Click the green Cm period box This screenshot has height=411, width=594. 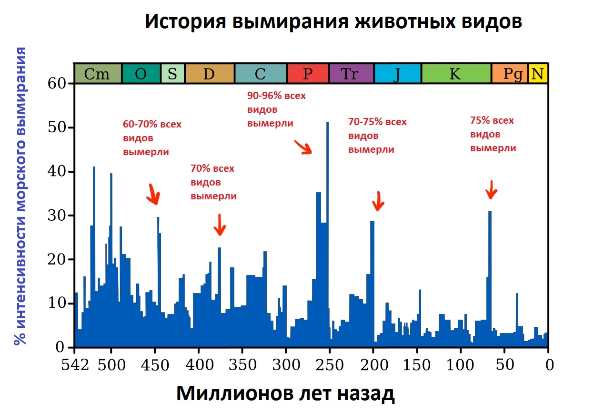click(98, 74)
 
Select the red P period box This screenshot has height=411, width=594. click(308, 74)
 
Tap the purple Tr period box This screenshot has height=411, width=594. click(351, 74)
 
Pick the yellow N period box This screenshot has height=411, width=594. click(538, 74)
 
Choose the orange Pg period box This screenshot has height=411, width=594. click(509, 74)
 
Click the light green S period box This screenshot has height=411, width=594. click(172, 74)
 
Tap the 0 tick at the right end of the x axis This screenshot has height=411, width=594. click(549, 365)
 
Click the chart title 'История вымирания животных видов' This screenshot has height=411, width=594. click(333, 22)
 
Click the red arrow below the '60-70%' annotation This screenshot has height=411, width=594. click(153, 194)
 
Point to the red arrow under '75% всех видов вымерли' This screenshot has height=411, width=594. click(491, 190)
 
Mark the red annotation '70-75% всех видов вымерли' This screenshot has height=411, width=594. click(378, 136)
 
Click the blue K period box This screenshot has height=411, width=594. click(455, 74)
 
